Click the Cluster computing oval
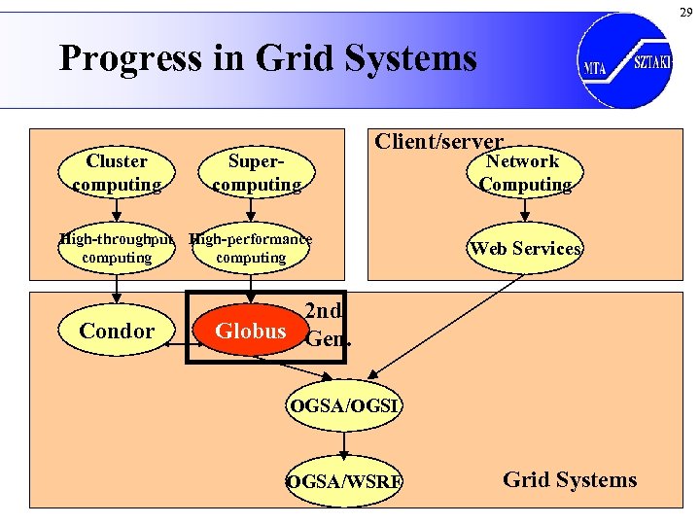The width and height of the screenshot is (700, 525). click(117, 173)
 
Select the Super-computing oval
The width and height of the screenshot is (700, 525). click(256, 173)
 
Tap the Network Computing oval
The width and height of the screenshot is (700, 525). click(524, 173)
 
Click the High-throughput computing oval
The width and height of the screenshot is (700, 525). click(117, 248)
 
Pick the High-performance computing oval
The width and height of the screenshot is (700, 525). click(251, 248)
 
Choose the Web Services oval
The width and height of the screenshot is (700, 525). click(525, 248)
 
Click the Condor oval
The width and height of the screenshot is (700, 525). click(117, 331)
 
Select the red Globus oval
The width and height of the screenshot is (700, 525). click(250, 331)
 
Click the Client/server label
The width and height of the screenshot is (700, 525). click(439, 142)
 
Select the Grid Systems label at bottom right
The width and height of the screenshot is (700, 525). click(570, 479)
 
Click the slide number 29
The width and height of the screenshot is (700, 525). click(685, 12)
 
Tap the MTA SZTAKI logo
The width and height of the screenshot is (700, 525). click(623, 59)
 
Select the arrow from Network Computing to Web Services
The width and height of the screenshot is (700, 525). click(524, 211)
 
